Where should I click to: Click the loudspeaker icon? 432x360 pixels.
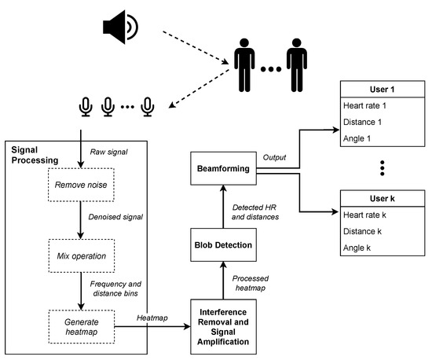(119, 27)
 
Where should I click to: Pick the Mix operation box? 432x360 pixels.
(80, 255)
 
